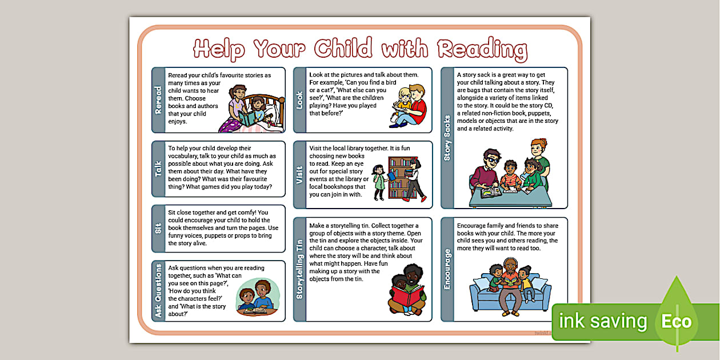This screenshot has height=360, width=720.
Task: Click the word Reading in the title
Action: pyautogui.click(x=482, y=49)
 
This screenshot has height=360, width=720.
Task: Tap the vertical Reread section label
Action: pyautogui.click(x=158, y=100)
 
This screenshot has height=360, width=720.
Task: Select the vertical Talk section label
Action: pyautogui.click(x=158, y=169)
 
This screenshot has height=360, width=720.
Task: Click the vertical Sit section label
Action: pyautogui.click(x=158, y=229)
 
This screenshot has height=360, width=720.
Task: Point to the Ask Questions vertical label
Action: pyautogui.click(x=158, y=291)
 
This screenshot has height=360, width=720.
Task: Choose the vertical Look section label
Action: pyautogui.click(x=300, y=100)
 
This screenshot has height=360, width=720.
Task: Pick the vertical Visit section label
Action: pyautogui.click(x=300, y=175)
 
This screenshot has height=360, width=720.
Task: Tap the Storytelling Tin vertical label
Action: pyautogui.click(x=300, y=269)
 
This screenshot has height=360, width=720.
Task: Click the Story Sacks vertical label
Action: pyautogui.click(x=447, y=138)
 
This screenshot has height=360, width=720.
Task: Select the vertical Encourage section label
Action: pyautogui.click(x=447, y=269)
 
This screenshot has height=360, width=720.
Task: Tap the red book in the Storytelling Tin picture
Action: pyautogui.click(x=406, y=298)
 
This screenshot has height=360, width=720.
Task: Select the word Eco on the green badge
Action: pyautogui.click(x=677, y=321)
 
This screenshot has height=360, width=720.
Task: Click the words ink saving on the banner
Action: pyautogui.click(x=603, y=321)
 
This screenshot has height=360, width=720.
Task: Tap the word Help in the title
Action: pyautogui.click(x=219, y=49)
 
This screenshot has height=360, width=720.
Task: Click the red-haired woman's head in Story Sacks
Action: pyautogui.click(x=538, y=148)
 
